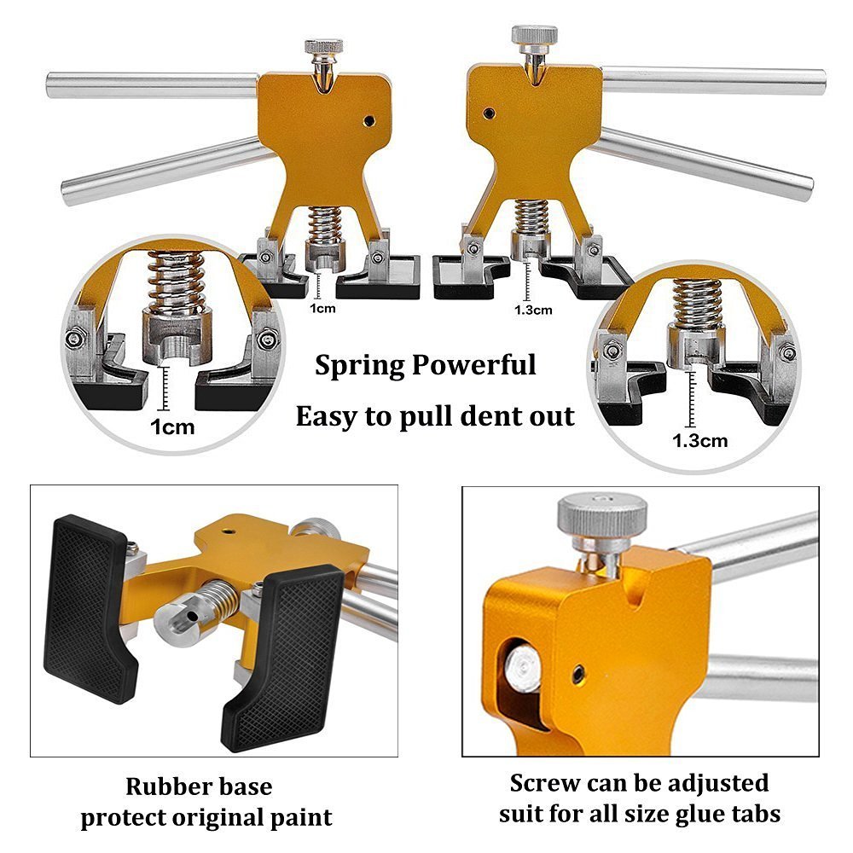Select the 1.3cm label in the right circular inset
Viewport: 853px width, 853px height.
pos(700,440)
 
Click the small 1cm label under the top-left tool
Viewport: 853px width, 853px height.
pos(322,308)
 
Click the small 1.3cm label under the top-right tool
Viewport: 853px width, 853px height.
pos(533,310)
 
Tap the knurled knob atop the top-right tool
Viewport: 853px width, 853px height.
pos(534,35)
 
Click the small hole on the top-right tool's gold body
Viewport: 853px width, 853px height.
pos(489,112)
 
